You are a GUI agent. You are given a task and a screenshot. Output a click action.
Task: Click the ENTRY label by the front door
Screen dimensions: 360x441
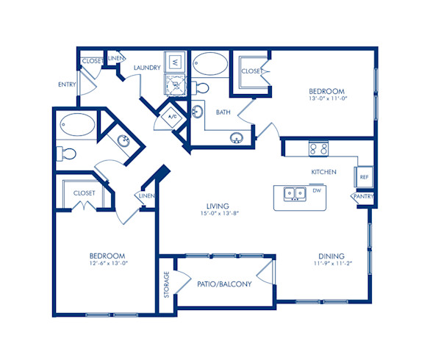[67, 84]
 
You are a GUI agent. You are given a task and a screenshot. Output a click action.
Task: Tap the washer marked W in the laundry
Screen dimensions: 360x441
[176, 63]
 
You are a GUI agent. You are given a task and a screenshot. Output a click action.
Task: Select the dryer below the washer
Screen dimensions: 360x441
[176, 87]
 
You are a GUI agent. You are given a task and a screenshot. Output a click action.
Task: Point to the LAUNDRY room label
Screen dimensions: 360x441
[147, 68]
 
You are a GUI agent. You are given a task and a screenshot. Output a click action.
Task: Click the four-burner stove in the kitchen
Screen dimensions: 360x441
[318, 149]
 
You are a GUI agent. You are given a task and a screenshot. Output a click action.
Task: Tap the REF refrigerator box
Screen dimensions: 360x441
[363, 176]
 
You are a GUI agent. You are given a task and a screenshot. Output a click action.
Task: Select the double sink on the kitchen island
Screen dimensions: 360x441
[295, 194]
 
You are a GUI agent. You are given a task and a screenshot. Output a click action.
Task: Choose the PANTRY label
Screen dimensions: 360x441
[363, 197]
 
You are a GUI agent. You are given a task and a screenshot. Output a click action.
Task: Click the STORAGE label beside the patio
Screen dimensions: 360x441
[167, 286]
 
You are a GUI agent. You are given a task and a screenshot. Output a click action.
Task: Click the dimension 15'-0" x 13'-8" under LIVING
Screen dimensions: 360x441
[218, 215]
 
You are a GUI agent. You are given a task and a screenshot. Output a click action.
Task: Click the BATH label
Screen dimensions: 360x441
[223, 112]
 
